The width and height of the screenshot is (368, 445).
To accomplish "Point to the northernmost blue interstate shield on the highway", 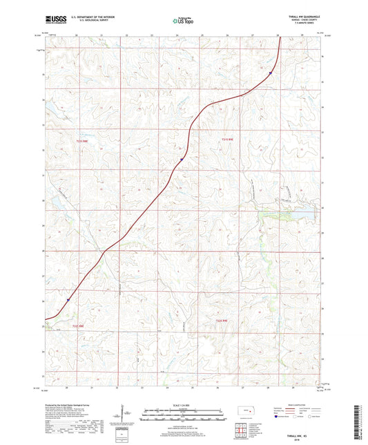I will tap(271, 72).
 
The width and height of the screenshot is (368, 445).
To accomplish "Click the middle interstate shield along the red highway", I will tap(182, 160).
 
